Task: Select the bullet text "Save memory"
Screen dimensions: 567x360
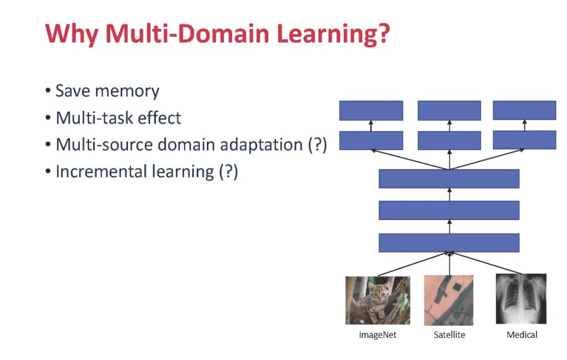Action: [x=107, y=91]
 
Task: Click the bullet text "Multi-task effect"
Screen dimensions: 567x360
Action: [x=118, y=118]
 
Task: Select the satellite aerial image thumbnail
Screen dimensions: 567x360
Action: [x=449, y=300]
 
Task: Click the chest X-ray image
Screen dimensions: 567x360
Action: [x=521, y=299]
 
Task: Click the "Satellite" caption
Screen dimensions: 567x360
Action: [x=449, y=334]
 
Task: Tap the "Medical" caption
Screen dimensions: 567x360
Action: [x=522, y=334]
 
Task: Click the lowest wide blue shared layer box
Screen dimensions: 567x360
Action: [x=449, y=242]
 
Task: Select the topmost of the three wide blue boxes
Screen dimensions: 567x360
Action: [x=449, y=179]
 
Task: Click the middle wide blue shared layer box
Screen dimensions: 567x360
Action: [x=449, y=210]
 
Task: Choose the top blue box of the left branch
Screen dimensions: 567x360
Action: [x=371, y=111]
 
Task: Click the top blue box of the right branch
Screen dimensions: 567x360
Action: [x=524, y=110]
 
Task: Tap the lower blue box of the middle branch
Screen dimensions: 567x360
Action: [x=449, y=141]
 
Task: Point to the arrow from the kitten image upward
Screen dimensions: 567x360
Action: [x=412, y=264]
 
